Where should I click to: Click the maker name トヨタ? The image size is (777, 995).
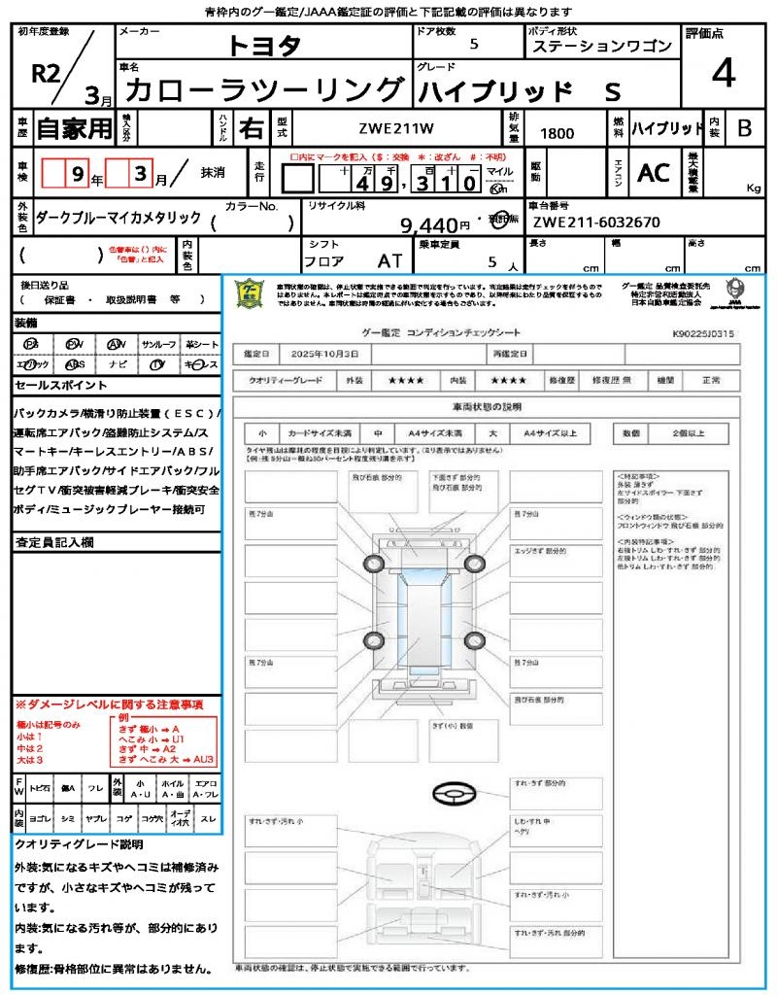[x=264, y=46]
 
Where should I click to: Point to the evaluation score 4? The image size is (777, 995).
[x=723, y=74]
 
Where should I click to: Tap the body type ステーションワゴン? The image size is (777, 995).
[x=600, y=47]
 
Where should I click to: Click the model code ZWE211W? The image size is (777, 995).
[x=396, y=128]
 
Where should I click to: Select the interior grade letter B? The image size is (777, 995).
[x=744, y=128]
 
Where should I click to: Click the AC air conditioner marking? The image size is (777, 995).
[x=653, y=173]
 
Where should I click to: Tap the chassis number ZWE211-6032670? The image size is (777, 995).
[x=596, y=223]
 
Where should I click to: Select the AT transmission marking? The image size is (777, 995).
[x=390, y=260]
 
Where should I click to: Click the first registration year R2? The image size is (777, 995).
[x=44, y=73]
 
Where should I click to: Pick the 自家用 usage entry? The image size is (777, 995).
[x=75, y=128]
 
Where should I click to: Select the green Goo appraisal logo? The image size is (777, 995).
[x=251, y=292]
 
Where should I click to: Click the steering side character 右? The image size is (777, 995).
[x=252, y=128]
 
